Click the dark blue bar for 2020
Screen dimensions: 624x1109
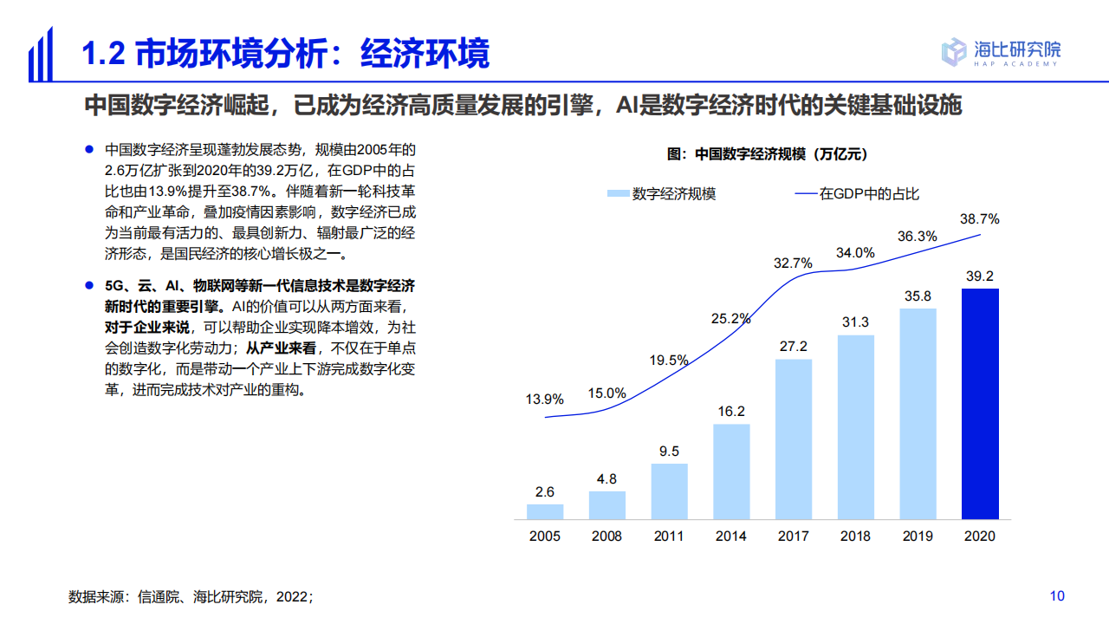pos(980,404)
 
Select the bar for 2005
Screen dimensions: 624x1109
pos(545,511)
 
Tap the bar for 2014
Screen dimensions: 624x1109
pos(731,471)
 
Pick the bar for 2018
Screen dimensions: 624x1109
pos(855,427)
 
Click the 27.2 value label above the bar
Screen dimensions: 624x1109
pos(794,346)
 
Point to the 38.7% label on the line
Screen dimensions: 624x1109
pos(980,219)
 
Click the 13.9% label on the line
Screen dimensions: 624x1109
pos(545,400)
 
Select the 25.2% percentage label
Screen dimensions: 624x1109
pos(730,318)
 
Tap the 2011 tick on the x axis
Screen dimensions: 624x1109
pos(669,536)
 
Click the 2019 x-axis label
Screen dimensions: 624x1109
pos(918,536)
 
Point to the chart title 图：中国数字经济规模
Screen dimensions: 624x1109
pos(767,154)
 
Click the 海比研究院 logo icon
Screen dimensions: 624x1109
pos(954,51)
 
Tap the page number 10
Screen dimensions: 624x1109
pos(1057,595)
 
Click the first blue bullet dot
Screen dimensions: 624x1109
pos(88,149)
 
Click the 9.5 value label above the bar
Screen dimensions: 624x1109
pos(669,451)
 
